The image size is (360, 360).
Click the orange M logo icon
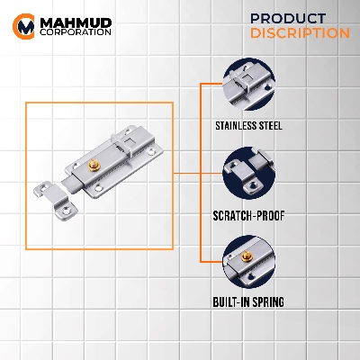[x=23, y=26]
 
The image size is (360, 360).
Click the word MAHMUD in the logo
[x=76, y=22]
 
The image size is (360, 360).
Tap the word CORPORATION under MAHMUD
[x=76, y=32]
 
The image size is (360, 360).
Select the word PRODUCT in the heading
[x=288, y=19]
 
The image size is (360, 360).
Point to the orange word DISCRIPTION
[x=300, y=33]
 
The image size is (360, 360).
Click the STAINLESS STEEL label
[x=248, y=125]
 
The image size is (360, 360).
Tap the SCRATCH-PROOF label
[x=248, y=215]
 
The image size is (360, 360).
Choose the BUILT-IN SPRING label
[x=248, y=301]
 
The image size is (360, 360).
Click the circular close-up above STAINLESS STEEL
[x=248, y=85]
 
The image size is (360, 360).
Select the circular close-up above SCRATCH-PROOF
[x=248, y=173]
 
